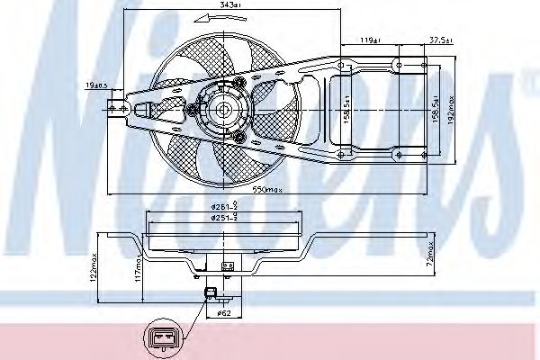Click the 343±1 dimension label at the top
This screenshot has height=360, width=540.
[230, 6]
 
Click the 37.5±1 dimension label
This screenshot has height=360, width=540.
[439, 39]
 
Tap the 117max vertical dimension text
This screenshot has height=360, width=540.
[137, 267]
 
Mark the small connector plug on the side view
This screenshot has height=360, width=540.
[211, 291]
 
